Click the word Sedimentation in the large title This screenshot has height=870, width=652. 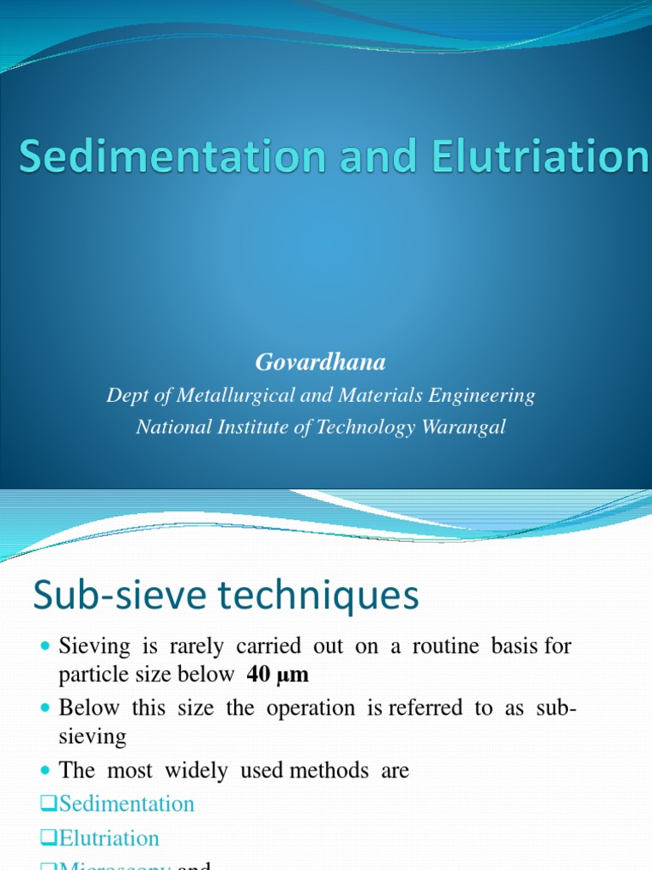(x=171, y=159)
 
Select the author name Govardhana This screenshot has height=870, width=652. (x=320, y=363)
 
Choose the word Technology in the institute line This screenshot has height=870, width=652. (x=363, y=427)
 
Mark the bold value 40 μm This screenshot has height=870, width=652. (x=278, y=675)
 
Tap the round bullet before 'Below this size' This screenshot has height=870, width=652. (x=46, y=708)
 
